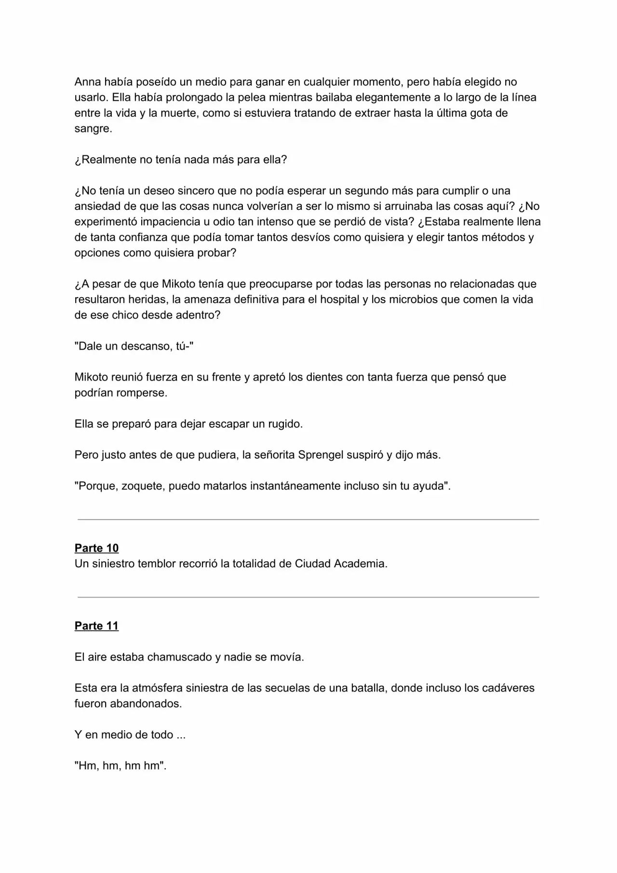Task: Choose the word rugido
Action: [284, 424]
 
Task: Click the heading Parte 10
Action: [96, 548]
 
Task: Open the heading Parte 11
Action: [96, 626]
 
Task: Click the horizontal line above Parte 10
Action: [308, 519]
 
